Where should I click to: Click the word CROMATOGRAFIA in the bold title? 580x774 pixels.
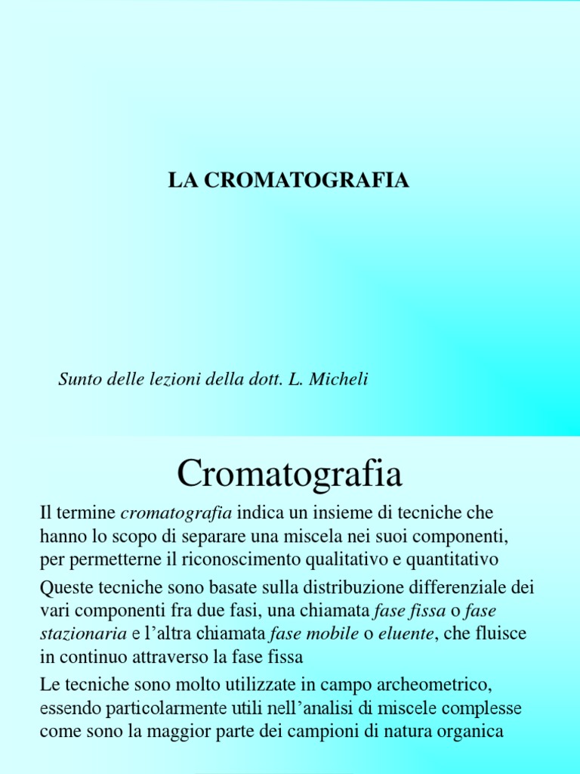306,181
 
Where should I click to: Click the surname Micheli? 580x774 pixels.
339,379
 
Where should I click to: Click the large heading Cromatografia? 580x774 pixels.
289,474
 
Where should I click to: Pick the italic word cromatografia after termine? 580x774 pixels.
176,513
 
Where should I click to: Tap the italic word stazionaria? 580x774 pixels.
83,634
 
